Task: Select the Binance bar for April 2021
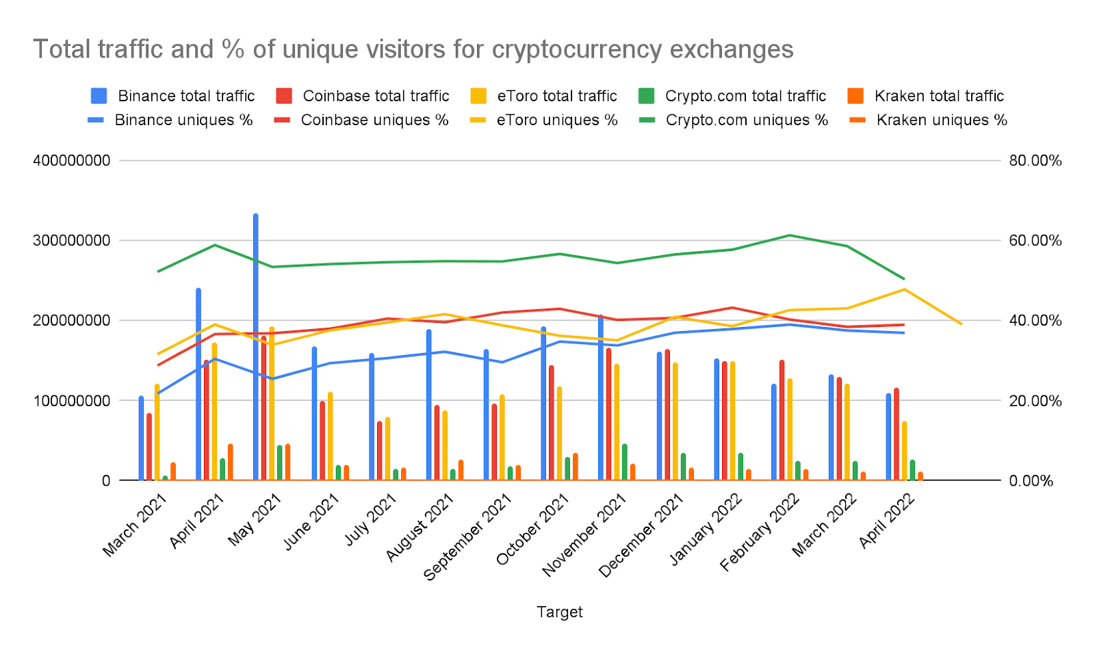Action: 198,383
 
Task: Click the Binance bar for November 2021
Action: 601,397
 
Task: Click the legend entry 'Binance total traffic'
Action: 173,96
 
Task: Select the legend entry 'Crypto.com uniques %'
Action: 734,120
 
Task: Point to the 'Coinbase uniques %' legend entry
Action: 362,120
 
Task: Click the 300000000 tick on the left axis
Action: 72,241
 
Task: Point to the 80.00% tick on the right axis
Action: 1035,161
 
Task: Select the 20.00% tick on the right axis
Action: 1035,401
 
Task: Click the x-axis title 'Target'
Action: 560,612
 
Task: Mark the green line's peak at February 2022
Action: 790,235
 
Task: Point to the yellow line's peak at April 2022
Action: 904,289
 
